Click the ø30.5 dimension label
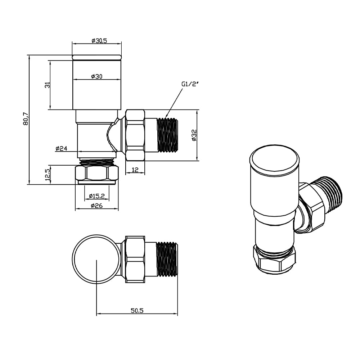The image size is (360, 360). pos(97,41)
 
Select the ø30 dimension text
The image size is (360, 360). pos(97,76)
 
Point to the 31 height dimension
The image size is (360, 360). pos(46,85)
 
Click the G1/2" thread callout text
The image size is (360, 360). pos(190,84)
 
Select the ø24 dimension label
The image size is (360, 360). pos(62,148)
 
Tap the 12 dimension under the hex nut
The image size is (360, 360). pos(135,170)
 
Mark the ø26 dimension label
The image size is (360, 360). pos(97,206)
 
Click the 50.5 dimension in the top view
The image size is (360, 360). pos(137,311)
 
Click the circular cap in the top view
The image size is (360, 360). pos(96,258)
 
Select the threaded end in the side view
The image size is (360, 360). pos(168,135)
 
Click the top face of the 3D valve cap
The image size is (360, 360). pos(275,160)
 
